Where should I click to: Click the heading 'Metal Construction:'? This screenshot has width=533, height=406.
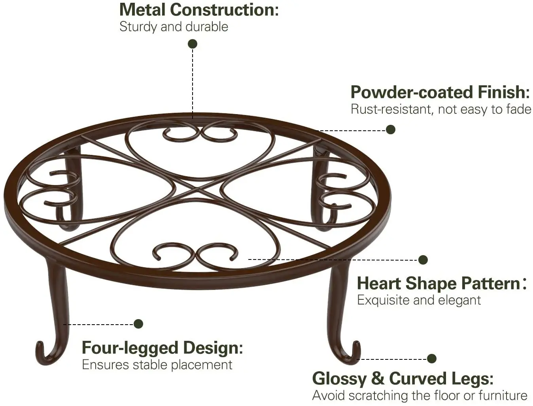199,9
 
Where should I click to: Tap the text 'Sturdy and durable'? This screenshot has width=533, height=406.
174,27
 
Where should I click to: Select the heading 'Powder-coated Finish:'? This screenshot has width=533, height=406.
440,92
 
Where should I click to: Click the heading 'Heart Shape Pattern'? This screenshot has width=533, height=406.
438,283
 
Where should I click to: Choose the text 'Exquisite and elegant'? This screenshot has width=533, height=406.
419,300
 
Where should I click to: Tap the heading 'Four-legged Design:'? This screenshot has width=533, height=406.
162,348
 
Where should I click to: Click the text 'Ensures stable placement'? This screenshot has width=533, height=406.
157,365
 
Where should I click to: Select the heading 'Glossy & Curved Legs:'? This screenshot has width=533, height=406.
403,378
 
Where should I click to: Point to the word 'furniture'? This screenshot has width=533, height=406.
503,395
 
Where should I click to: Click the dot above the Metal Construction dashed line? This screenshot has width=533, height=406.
193,43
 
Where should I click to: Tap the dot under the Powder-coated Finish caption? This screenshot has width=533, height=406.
391,130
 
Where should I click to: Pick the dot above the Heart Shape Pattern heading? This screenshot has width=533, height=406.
423,259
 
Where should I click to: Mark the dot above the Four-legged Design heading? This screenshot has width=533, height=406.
138,324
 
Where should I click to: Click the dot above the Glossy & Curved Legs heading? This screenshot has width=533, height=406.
432,359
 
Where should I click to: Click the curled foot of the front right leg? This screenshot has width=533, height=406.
352,353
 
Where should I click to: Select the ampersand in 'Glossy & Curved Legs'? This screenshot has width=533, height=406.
378,378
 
